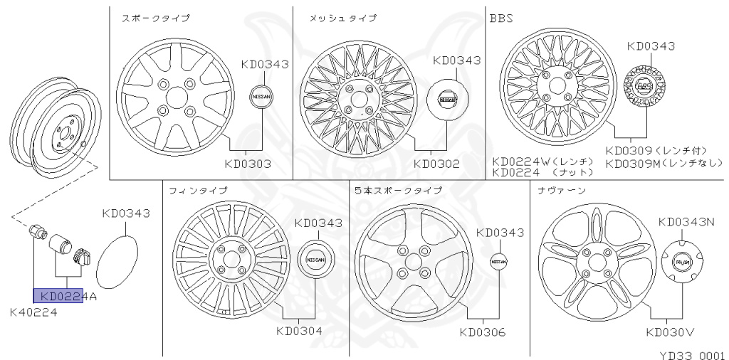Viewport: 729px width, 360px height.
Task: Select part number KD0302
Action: pos(437,164)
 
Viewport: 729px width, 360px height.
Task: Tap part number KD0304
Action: pos(300,331)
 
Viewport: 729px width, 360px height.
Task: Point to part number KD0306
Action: pos(483,331)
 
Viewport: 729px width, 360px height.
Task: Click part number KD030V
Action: pos(670,331)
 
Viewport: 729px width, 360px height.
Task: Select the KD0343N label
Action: pos(686,221)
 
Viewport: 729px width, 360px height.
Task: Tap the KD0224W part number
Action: pos(522,162)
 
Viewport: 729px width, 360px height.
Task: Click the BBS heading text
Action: pos(502,18)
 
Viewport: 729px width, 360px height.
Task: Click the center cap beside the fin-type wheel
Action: pos(319,260)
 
